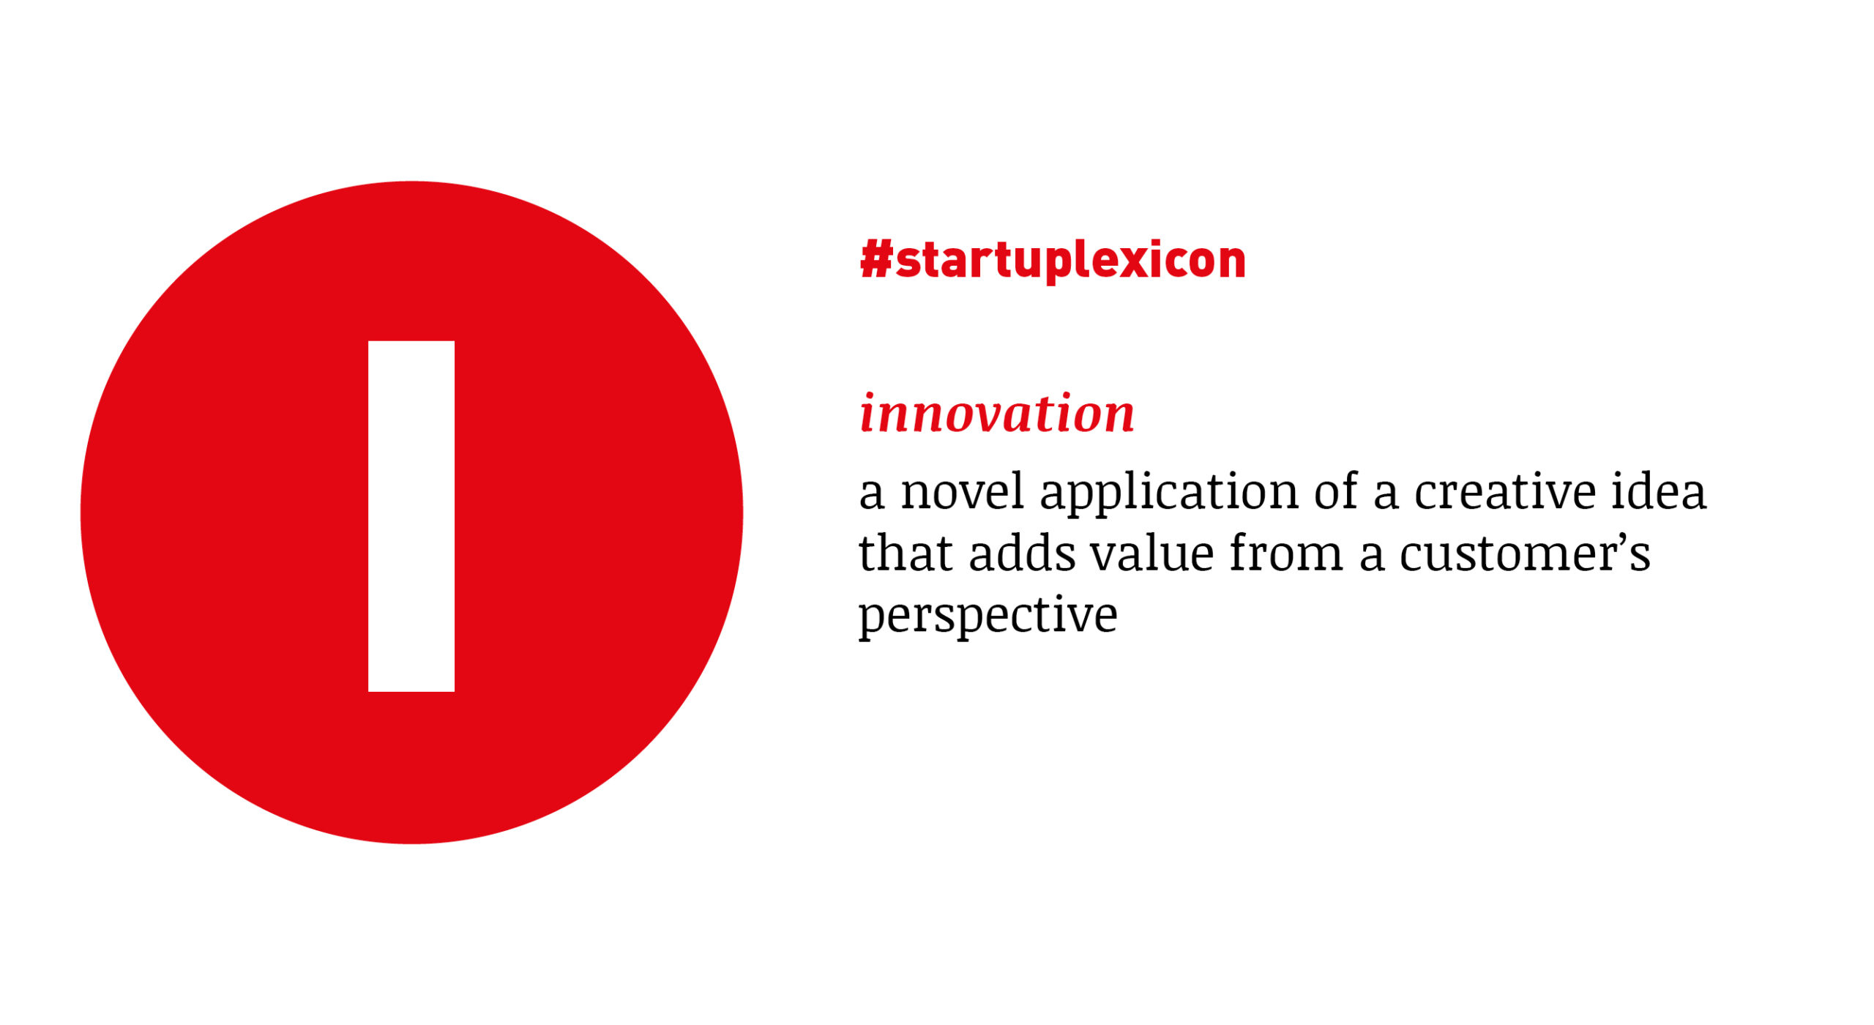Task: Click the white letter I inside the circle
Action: coord(411,516)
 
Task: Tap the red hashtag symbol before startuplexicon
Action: coord(876,259)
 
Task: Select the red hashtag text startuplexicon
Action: coord(1053,261)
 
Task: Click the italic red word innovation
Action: coord(997,414)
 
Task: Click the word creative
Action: coord(1505,491)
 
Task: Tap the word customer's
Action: coord(1526,553)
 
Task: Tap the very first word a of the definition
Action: coord(871,495)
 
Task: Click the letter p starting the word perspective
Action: coord(873,622)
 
